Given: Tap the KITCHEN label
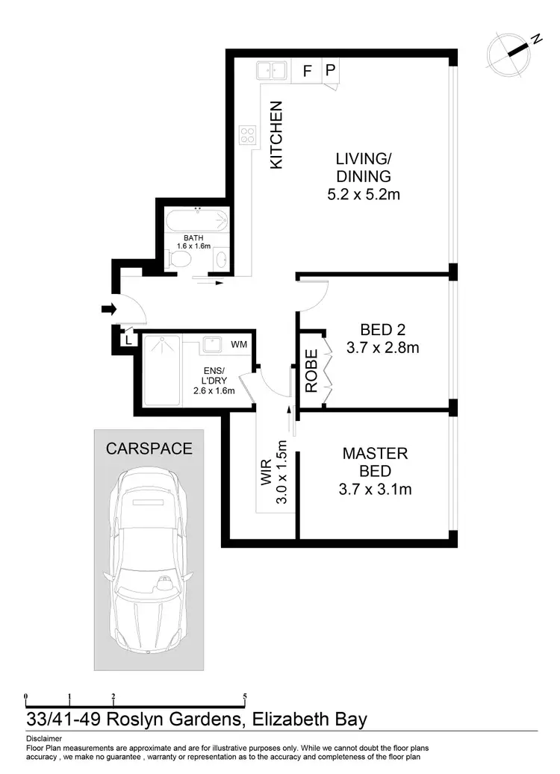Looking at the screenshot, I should click(x=276, y=135).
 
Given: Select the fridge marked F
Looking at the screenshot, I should click(x=306, y=72).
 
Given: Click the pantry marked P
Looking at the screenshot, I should click(x=332, y=72).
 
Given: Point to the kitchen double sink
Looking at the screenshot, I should click(x=272, y=71).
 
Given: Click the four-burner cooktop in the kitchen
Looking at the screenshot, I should click(x=247, y=137).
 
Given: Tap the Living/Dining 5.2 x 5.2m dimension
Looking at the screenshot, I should click(x=364, y=195).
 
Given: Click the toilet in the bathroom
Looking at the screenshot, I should click(x=180, y=258).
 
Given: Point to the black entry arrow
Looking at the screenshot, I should click(x=108, y=308).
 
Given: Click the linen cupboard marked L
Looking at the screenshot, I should click(x=128, y=340).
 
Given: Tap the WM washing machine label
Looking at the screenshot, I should click(x=239, y=344).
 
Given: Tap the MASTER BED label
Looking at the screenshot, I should click(x=376, y=462).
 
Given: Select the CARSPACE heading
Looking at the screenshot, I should click(x=149, y=449).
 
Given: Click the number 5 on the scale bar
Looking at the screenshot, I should click(x=245, y=697).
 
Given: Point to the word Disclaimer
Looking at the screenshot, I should click(x=43, y=737).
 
